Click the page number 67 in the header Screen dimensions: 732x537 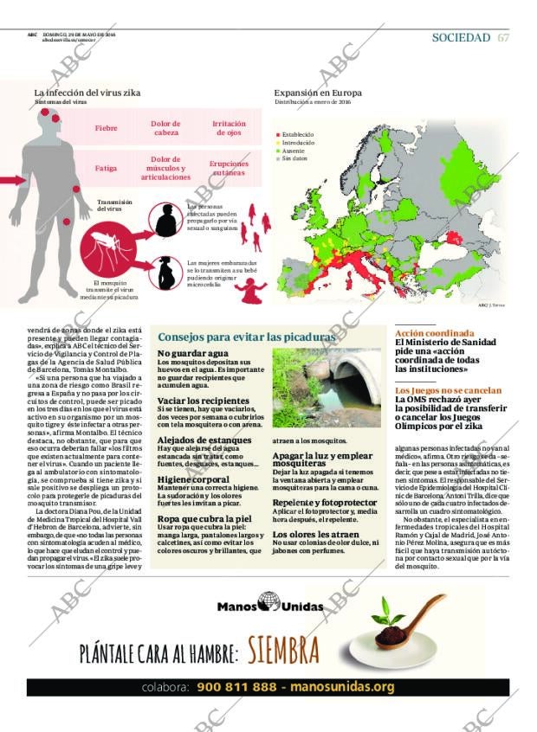[x=503, y=37]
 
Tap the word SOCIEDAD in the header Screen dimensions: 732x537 [x=461, y=37]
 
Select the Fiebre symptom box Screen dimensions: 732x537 [x=107, y=128]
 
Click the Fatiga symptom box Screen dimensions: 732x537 [x=107, y=168]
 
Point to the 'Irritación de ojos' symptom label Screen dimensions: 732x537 [x=229, y=128]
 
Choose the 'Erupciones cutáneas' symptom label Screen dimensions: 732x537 [x=229, y=168]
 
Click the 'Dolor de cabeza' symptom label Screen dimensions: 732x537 [x=166, y=128]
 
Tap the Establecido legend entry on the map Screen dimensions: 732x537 [x=297, y=135]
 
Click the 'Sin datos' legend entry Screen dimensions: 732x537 [x=294, y=158]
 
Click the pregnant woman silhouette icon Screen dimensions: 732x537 [x=165, y=273]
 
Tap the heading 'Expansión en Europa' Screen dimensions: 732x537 [x=318, y=93]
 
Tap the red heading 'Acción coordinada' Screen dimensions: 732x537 [x=434, y=333]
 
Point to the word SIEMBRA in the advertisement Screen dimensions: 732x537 [x=283, y=650]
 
